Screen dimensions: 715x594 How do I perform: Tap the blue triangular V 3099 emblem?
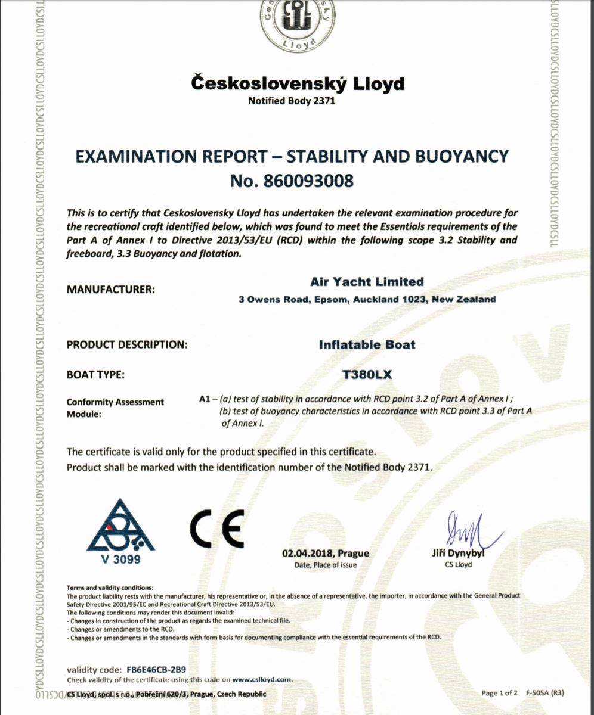120,528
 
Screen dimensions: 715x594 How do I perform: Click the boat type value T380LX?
366,375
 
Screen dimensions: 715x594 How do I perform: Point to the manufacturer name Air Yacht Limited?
367,282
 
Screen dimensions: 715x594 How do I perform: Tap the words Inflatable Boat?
367,344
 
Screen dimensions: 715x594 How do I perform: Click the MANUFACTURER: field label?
110,290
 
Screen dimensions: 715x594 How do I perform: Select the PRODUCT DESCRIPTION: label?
127,344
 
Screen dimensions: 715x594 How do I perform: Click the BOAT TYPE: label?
95,375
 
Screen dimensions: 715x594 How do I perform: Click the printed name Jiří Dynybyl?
458,554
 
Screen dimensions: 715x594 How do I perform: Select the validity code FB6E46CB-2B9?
152,669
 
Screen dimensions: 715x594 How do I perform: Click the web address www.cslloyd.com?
261,679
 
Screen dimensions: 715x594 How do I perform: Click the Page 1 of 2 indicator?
500,693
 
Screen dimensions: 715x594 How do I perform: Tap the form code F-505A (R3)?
545,693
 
